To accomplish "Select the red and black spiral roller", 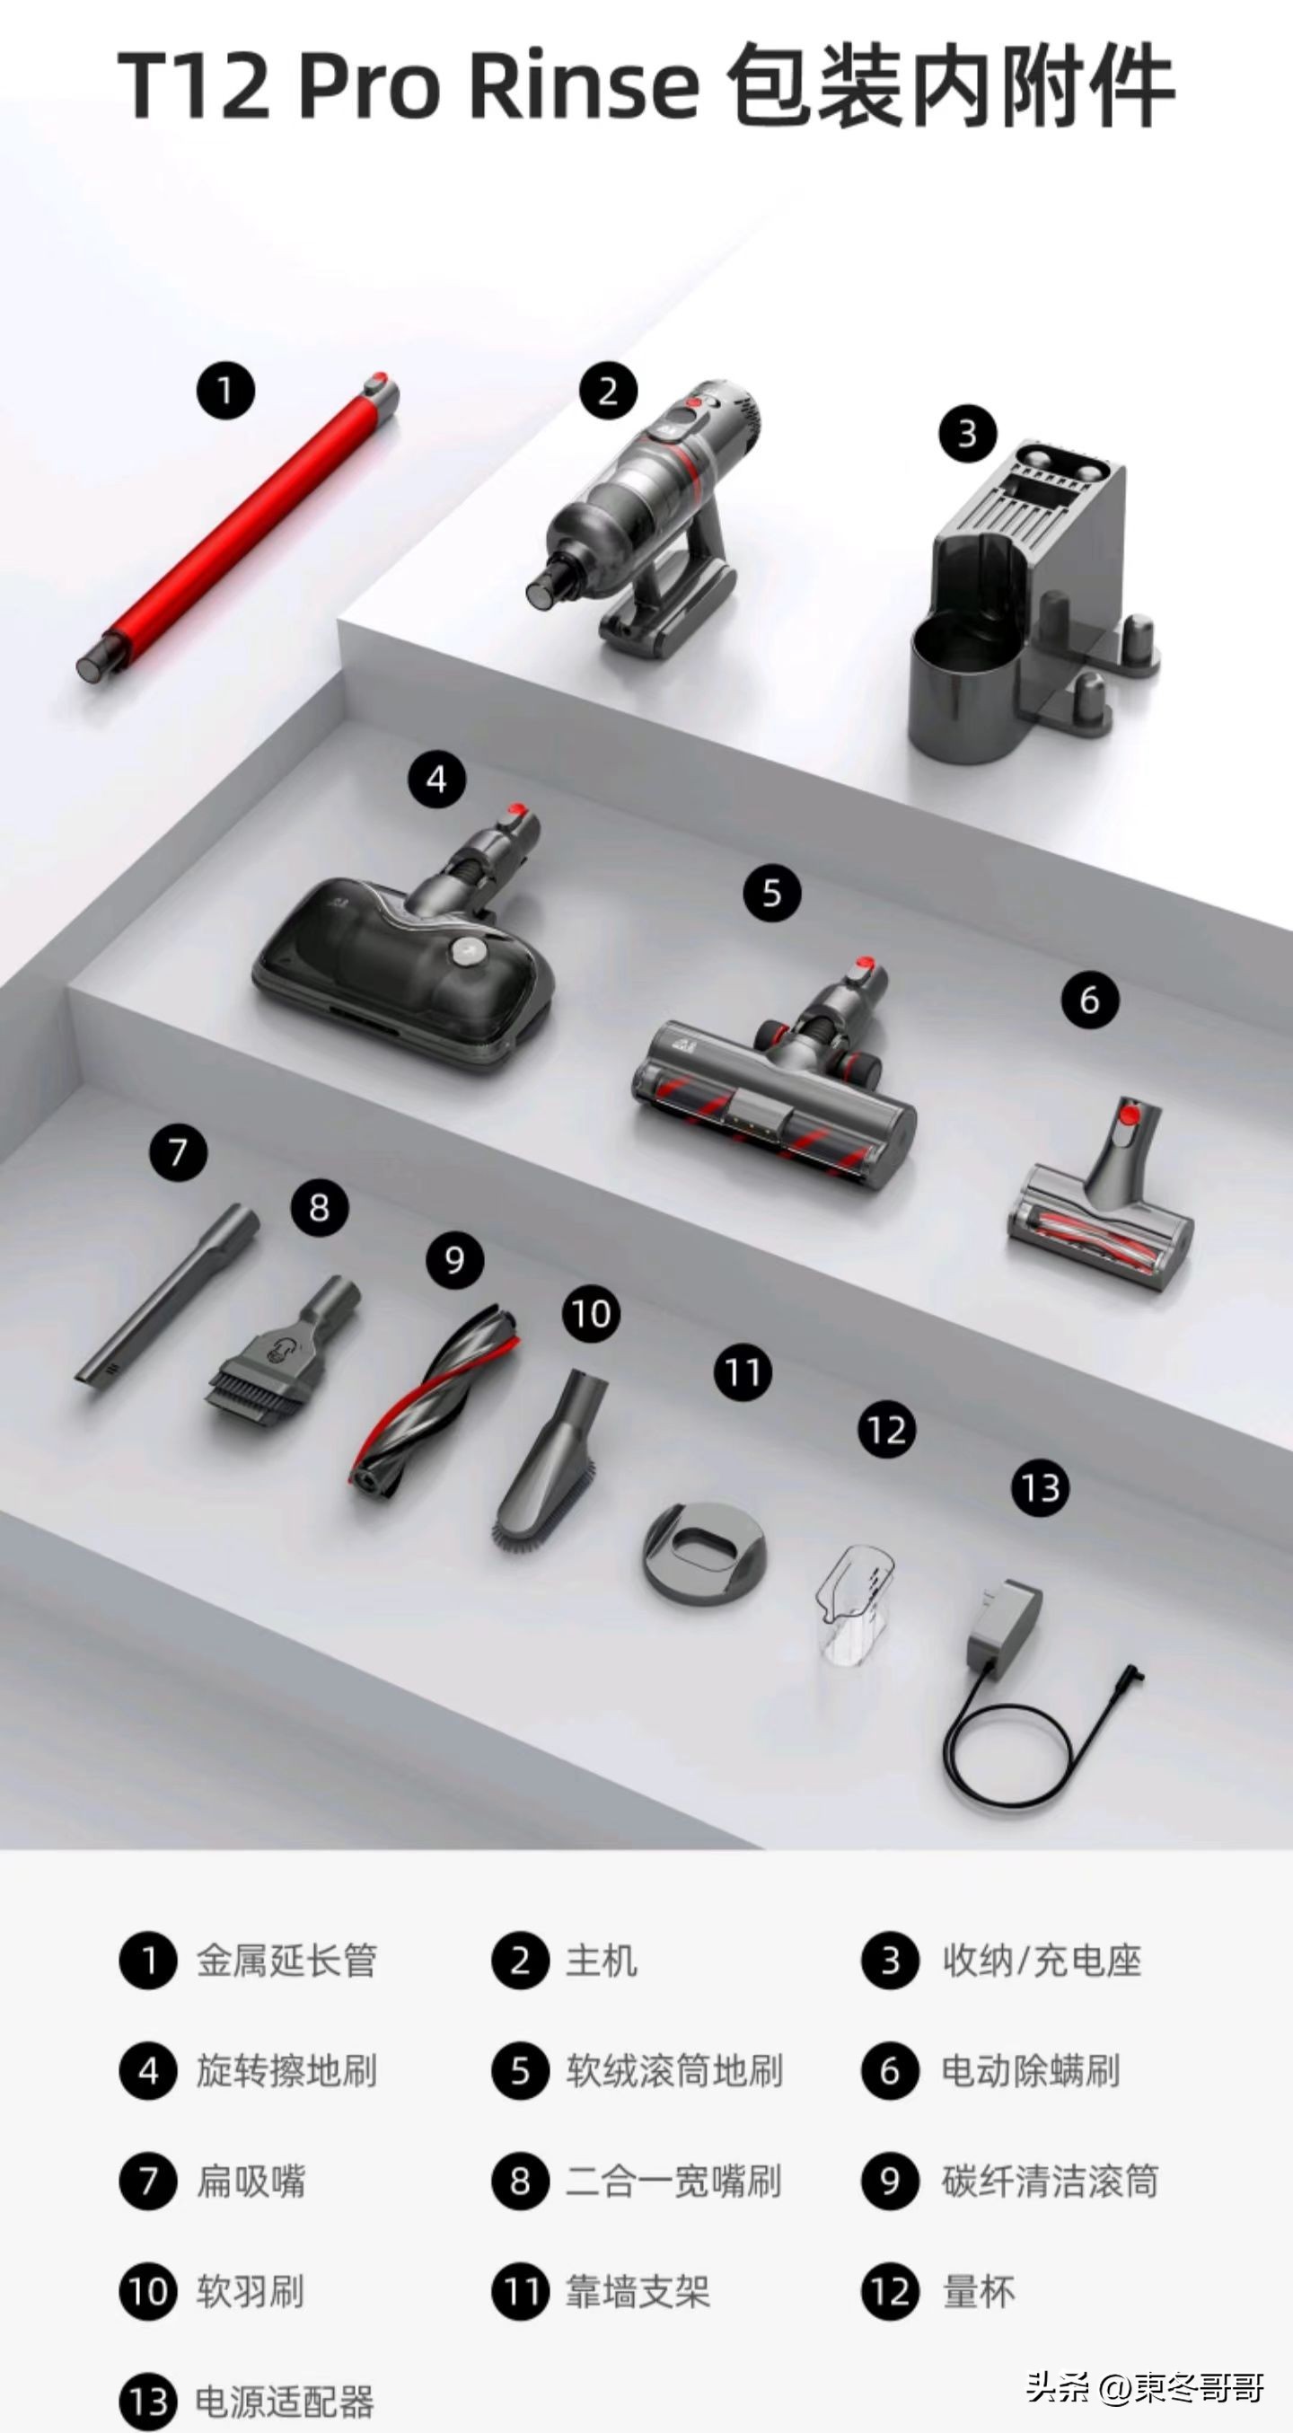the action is coord(433,1400).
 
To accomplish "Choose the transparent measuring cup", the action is coord(856,1603).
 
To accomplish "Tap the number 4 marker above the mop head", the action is coord(436,780).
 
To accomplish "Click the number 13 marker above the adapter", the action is coord(1041,1488).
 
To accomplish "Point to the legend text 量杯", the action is coord(979,2292).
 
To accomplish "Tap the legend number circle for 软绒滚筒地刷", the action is coord(521,2071).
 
